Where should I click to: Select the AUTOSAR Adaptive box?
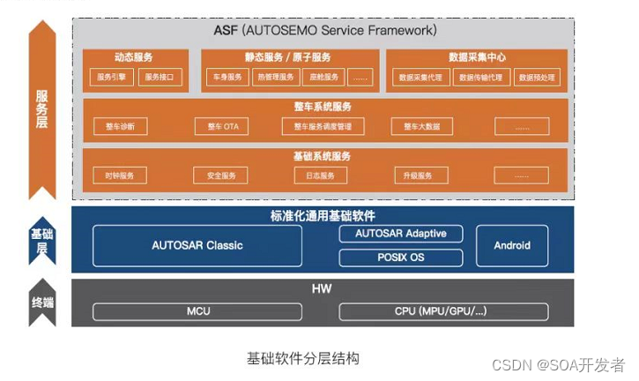click(400, 234)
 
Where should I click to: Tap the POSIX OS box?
click(400, 258)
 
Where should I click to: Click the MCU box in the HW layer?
click(197, 311)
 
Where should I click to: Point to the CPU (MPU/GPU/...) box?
click(442, 311)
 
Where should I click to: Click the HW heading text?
click(321, 289)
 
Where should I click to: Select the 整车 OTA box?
click(222, 127)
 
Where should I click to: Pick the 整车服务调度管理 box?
click(323, 127)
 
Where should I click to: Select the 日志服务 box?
click(320, 176)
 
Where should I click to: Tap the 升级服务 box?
click(420, 176)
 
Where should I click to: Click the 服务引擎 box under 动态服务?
click(112, 78)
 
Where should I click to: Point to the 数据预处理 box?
click(537, 78)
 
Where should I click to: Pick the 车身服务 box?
click(227, 78)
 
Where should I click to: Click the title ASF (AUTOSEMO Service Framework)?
click(324, 30)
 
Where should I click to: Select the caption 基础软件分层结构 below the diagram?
click(302, 359)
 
